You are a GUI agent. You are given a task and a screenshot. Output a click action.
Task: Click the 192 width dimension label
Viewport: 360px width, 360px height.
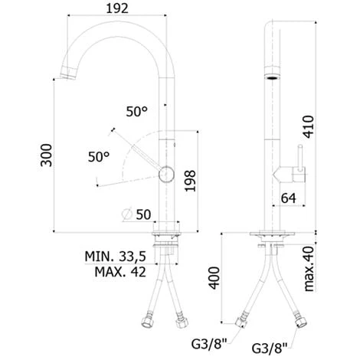tap(117, 8)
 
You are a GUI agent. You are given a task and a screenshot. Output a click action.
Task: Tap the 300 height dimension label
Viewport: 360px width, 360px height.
tap(46, 155)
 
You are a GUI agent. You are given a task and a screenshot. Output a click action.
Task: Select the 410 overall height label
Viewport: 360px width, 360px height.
tap(308, 127)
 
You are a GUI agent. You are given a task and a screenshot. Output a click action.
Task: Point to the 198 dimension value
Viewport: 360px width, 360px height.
tap(190, 181)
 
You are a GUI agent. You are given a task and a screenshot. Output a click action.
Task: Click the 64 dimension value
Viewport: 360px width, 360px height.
tap(289, 198)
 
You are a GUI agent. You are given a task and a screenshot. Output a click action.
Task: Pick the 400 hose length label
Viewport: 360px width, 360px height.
tap(214, 278)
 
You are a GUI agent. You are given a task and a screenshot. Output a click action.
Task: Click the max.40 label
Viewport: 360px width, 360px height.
tap(309, 269)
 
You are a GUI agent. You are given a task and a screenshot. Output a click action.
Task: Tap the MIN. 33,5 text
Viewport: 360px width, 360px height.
tap(115, 257)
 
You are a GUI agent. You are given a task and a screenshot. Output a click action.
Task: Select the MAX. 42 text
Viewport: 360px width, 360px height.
tap(120, 272)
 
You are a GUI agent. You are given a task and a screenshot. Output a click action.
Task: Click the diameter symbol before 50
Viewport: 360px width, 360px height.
tap(127, 214)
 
